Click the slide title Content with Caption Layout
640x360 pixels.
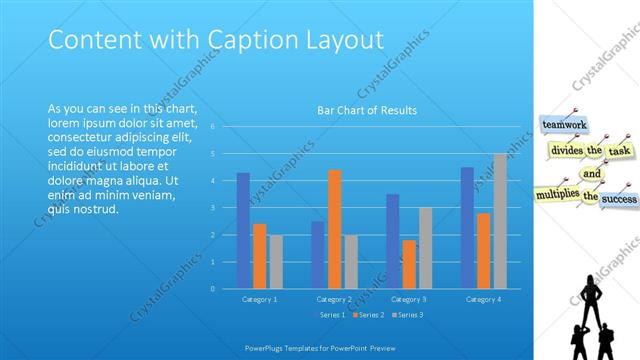tap(216, 40)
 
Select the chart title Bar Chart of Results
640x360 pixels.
tap(367, 110)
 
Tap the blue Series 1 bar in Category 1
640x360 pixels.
tap(243, 230)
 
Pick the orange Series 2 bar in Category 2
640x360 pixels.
tap(334, 229)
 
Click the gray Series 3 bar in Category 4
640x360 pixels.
tap(500, 221)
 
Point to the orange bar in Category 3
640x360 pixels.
tap(409, 264)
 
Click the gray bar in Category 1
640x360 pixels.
tap(276, 261)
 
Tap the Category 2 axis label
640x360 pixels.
tap(334, 299)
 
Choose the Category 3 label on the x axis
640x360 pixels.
tap(409, 299)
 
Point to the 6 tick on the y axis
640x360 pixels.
tap(213, 127)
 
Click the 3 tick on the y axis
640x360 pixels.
tap(213, 208)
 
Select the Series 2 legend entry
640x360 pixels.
tap(369, 316)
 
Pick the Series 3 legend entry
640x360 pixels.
tap(409, 316)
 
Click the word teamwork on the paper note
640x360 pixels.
tap(563, 125)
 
